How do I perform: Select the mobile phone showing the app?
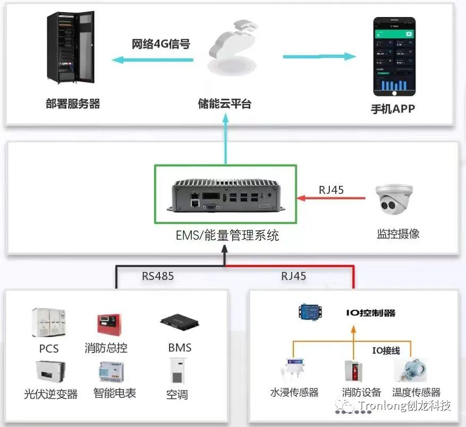point(394,55)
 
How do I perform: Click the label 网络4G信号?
point(161,44)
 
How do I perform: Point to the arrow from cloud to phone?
point(319,56)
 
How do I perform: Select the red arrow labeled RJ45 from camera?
point(331,199)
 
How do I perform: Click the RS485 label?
point(158,276)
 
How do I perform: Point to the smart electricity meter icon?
point(111,373)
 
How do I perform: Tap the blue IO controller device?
point(310,312)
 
